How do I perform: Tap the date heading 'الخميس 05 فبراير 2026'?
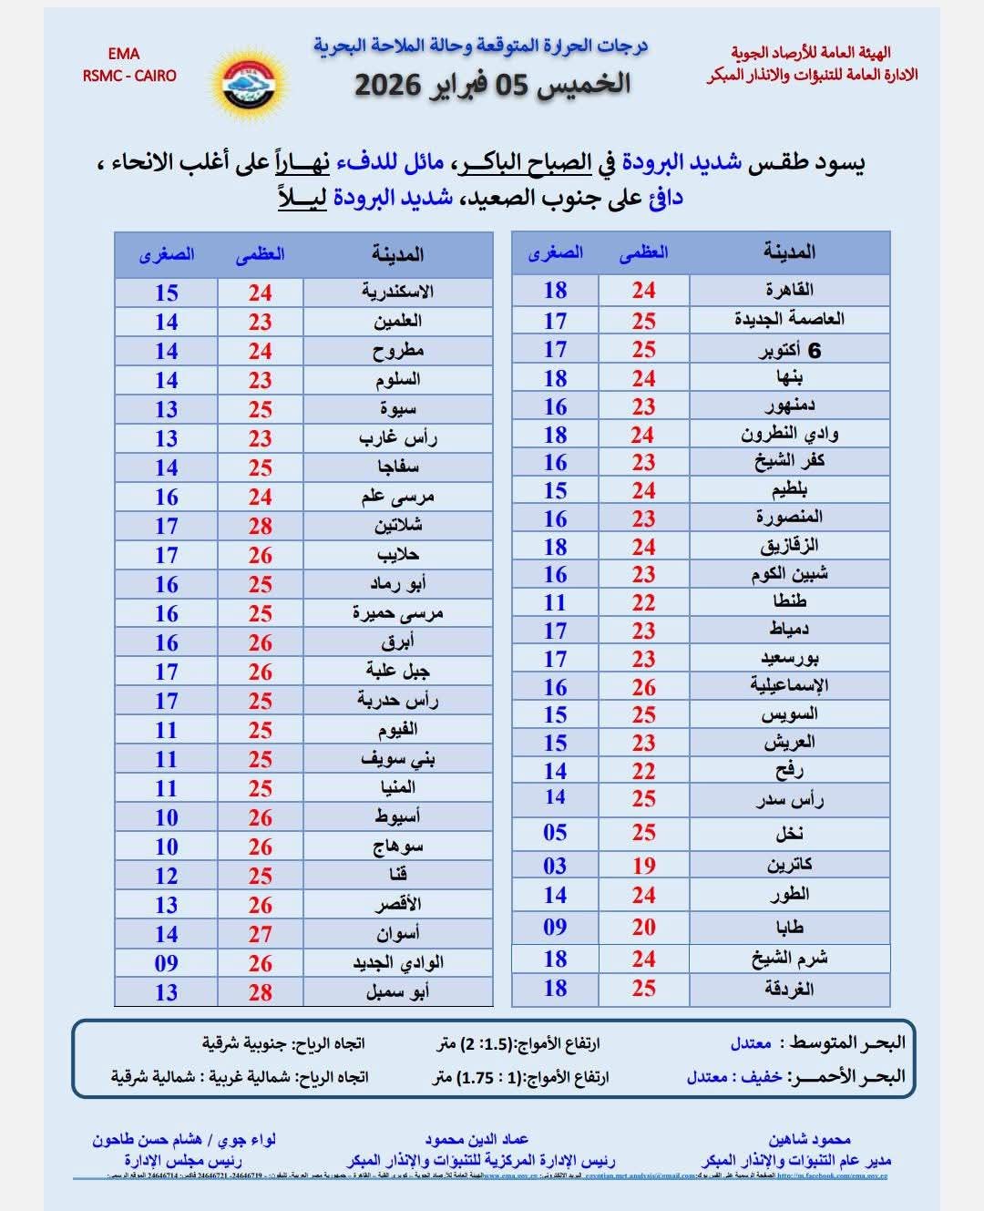[x=492, y=85]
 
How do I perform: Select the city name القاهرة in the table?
[x=789, y=290]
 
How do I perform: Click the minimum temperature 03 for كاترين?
[x=555, y=866]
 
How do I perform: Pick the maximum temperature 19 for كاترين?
[x=644, y=866]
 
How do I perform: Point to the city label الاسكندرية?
[x=397, y=292]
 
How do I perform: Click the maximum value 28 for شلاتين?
[x=261, y=526]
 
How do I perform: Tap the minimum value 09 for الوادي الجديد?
[x=166, y=963]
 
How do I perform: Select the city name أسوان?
[x=397, y=934]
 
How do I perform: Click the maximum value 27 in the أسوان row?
[x=261, y=934]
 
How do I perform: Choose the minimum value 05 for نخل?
[x=555, y=833]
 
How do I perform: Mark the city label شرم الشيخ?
[x=789, y=959]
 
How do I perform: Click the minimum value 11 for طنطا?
[x=555, y=602]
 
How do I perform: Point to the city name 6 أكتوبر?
[x=789, y=350]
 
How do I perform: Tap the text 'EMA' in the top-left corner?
[x=124, y=55]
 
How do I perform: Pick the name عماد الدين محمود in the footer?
[x=477, y=1139]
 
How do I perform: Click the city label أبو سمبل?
[x=397, y=992]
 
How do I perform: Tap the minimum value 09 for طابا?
[x=555, y=928]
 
